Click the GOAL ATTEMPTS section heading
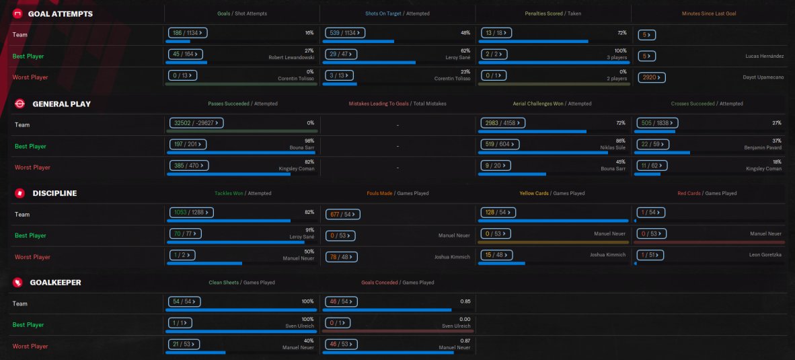point(61,13)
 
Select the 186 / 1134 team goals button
point(188,33)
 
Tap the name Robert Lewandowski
point(291,57)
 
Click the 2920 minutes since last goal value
point(652,77)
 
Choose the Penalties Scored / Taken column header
point(554,13)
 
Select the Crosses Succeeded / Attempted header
point(707,104)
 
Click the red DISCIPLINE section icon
point(20,193)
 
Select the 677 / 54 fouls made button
point(342,215)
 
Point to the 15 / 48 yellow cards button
point(497,255)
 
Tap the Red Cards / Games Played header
point(707,193)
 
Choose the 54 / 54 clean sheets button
point(184,301)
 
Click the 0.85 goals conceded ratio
point(465,301)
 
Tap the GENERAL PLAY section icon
point(20,104)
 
